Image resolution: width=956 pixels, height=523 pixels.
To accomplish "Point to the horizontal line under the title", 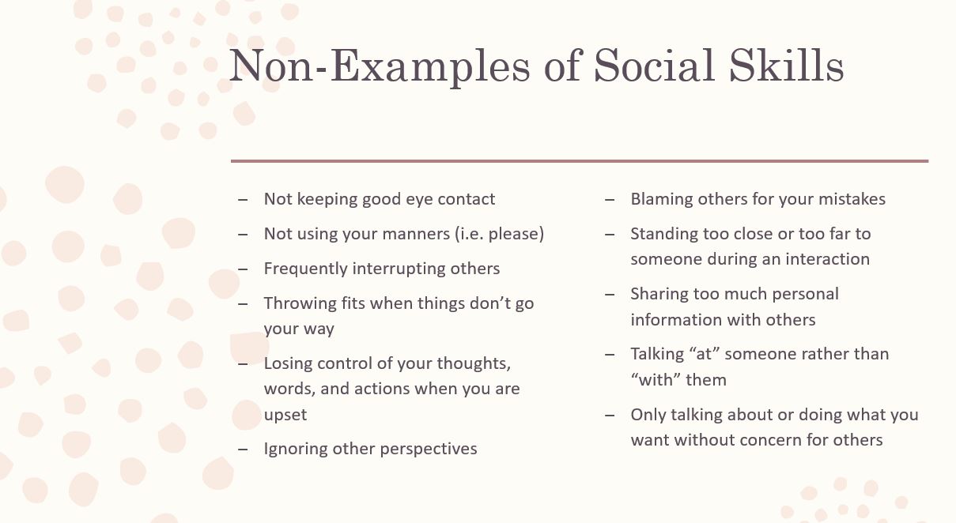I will click(579, 161).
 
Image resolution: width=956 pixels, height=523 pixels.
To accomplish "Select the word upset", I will click(285, 414).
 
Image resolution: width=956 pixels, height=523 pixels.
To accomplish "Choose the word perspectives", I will click(429, 449).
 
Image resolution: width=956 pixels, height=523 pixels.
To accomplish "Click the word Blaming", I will click(661, 199).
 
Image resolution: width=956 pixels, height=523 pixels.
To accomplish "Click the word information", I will click(676, 319).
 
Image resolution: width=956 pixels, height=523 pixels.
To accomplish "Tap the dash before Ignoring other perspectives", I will click(243, 449).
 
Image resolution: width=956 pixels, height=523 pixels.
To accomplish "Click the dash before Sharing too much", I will click(610, 294).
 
